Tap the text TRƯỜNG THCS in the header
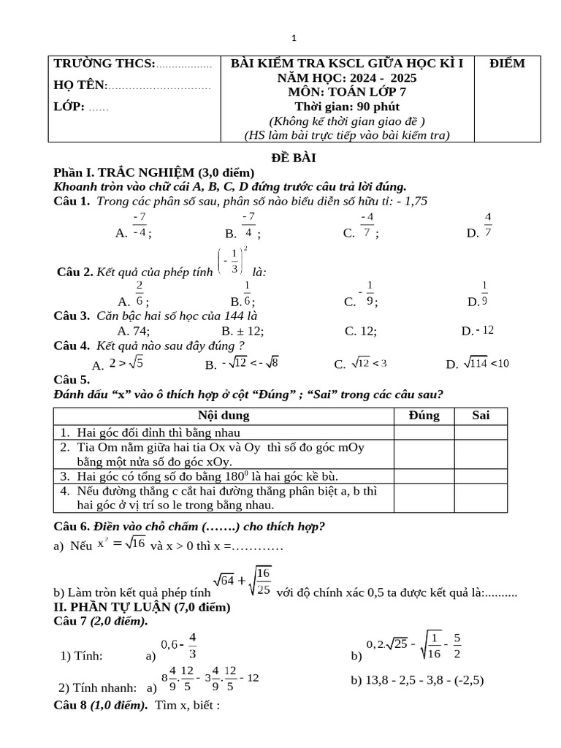point(104,64)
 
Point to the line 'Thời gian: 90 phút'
point(346,107)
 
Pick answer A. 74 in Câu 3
point(134,331)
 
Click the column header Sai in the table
point(481,416)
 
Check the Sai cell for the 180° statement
point(481,476)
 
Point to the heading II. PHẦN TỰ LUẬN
point(142,607)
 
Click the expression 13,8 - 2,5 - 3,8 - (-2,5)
point(417,680)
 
